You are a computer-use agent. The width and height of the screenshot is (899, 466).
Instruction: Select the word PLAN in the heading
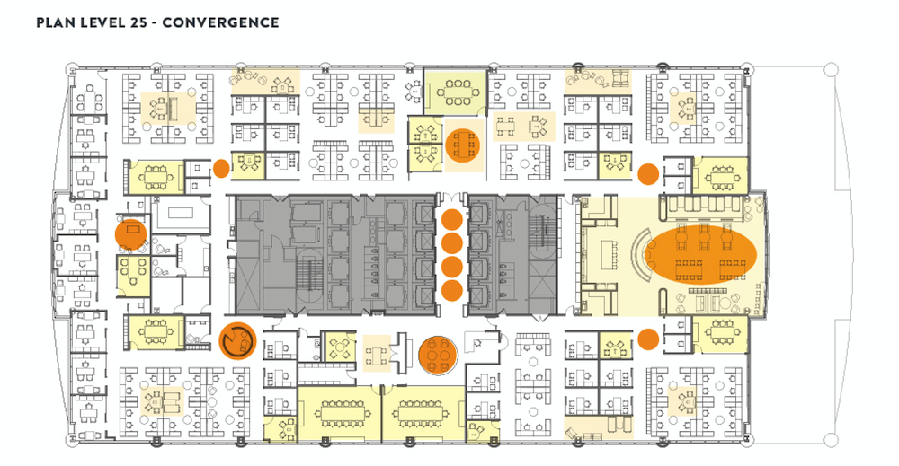click(x=56, y=22)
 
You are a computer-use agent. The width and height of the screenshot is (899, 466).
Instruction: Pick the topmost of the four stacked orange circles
click(x=452, y=219)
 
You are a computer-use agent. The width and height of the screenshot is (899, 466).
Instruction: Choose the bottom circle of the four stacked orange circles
click(x=452, y=290)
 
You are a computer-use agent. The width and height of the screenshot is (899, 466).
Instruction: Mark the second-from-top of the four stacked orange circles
click(x=452, y=242)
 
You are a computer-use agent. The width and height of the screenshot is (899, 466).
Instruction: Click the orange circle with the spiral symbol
click(x=238, y=340)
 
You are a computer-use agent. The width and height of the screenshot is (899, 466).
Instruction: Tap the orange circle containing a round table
click(x=440, y=354)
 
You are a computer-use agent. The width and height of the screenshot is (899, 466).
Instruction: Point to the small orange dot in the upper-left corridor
click(x=220, y=168)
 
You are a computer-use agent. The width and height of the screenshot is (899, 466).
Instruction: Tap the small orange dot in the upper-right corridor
click(x=647, y=172)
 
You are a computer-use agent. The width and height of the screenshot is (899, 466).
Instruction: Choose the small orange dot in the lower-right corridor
click(x=647, y=339)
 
